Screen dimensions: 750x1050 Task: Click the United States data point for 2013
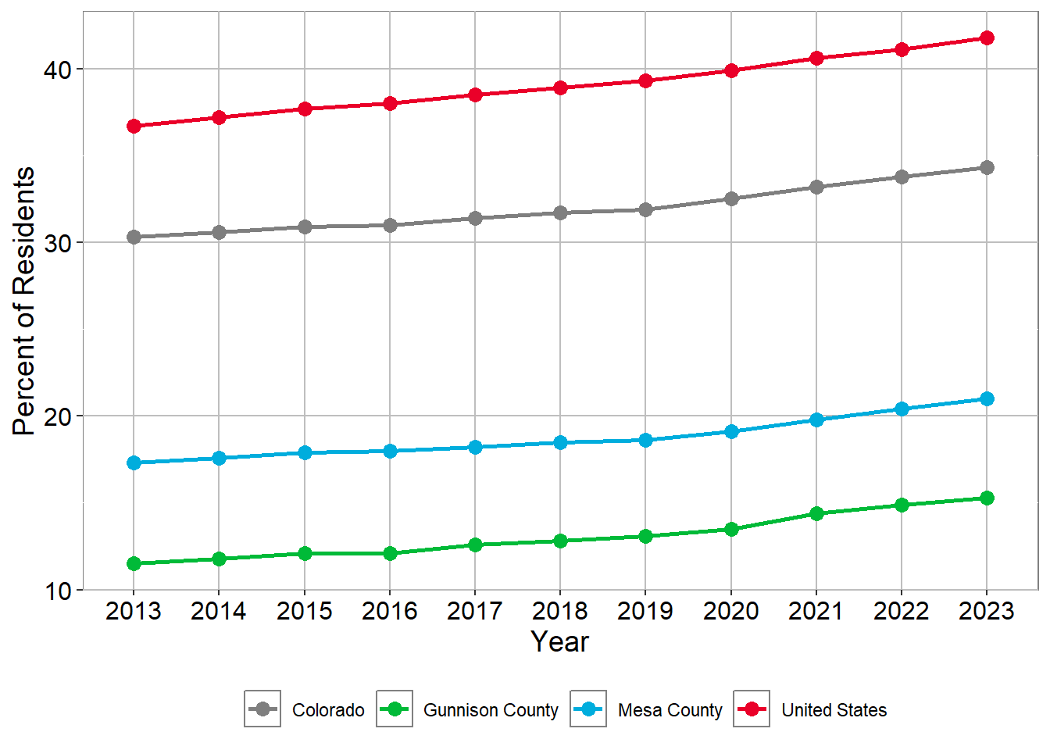point(134,126)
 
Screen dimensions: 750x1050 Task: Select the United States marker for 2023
point(987,37)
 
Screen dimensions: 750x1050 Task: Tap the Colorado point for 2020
point(731,198)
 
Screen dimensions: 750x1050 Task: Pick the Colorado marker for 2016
point(390,225)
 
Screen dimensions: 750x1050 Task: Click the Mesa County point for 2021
point(816,420)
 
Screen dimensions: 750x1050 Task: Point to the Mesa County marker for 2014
point(219,458)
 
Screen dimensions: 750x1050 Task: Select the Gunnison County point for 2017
point(475,545)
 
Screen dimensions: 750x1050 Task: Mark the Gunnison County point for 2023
point(987,498)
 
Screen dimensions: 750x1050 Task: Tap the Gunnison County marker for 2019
point(645,536)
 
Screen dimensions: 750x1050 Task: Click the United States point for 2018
point(560,87)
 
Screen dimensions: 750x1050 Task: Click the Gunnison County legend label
point(491,710)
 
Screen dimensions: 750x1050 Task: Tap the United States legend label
point(834,710)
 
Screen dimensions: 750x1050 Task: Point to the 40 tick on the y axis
point(57,70)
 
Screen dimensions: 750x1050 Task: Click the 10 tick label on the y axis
point(57,591)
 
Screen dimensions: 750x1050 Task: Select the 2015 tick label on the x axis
point(305,611)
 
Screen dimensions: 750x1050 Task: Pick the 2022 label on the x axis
point(902,611)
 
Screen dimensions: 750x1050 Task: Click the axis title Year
point(559,641)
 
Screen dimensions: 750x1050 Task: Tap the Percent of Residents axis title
point(24,301)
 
